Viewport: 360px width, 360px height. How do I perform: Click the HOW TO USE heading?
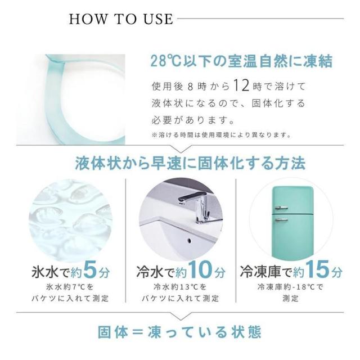(x=121, y=19)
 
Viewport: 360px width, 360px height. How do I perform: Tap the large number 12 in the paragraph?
(x=241, y=85)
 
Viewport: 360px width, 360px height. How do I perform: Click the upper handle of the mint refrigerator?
(x=281, y=208)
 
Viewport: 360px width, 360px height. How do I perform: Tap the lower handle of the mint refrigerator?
(x=281, y=220)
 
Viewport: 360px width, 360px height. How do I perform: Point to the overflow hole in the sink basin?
(x=189, y=241)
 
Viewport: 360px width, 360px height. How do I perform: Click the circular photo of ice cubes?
(x=70, y=220)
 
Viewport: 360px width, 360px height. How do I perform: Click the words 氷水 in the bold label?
(x=45, y=272)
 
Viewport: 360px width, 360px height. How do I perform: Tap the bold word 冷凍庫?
(x=260, y=272)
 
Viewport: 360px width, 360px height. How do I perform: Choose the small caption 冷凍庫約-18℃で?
(x=290, y=287)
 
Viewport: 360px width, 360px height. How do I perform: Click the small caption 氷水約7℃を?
(x=70, y=287)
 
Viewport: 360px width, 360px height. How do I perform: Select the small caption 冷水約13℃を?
(x=180, y=287)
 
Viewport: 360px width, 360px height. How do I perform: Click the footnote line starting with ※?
(x=221, y=135)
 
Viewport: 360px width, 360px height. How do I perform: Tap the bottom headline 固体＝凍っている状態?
(x=179, y=332)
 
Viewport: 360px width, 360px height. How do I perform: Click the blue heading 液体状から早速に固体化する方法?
(x=190, y=164)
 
